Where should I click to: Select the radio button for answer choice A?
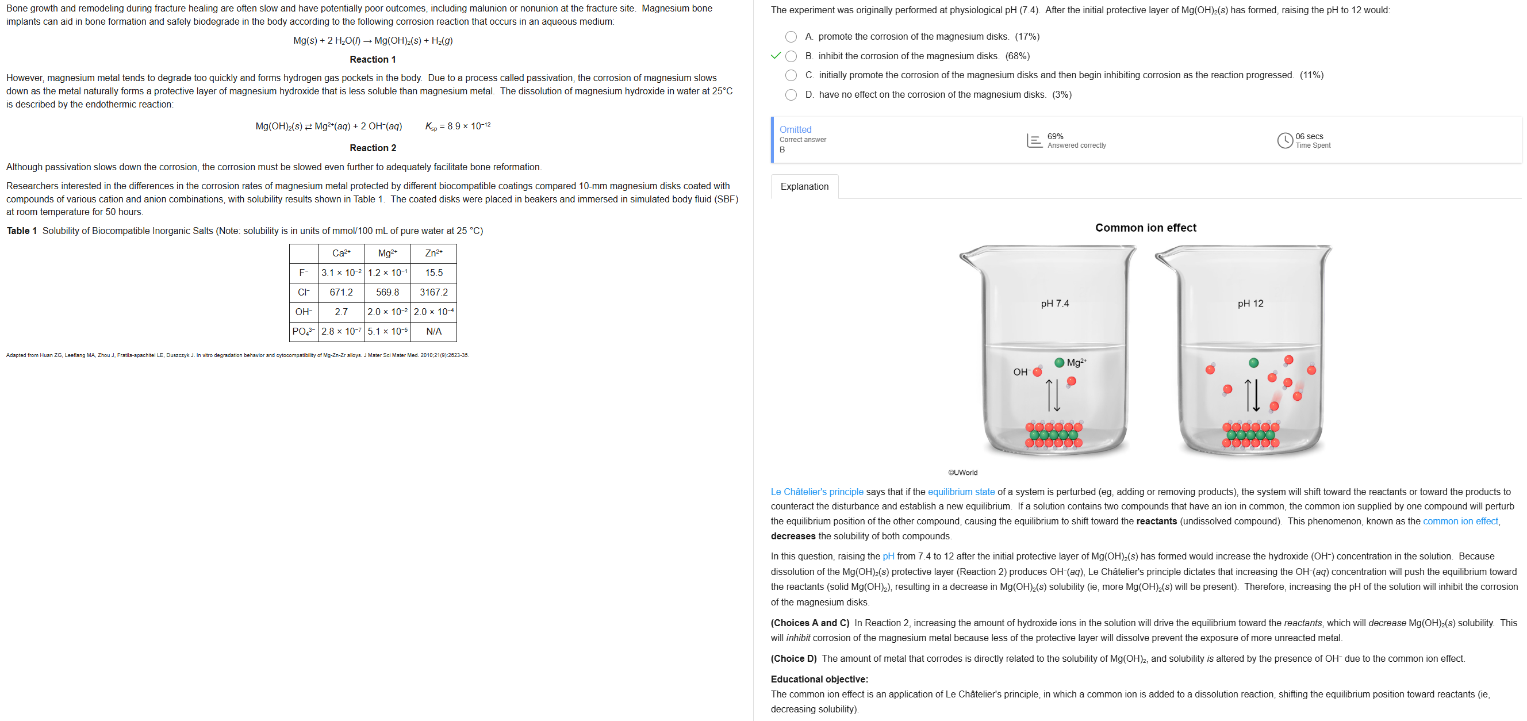pyautogui.click(x=791, y=37)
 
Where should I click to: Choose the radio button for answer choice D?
pyautogui.click(x=791, y=95)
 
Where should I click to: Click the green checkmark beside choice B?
pyautogui.click(x=776, y=56)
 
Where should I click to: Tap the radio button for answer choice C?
pyautogui.click(x=791, y=75)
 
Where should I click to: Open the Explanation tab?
pyautogui.click(x=804, y=186)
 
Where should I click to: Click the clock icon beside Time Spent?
pyautogui.click(x=1284, y=140)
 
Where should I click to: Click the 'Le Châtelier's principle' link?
pyautogui.click(x=817, y=492)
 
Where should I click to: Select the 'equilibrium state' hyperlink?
pyautogui.click(x=961, y=492)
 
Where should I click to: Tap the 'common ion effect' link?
pyautogui.click(x=1460, y=521)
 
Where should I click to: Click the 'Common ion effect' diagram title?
pyautogui.click(x=1145, y=228)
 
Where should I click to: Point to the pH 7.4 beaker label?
pyautogui.click(x=1054, y=304)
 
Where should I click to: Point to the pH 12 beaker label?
pyautogui.click(x=1250, y=304)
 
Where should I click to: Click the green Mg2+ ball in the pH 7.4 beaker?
pyautogui.click(x=1059, y=362)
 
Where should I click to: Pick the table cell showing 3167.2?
pyautogui.click(x=433, y=292)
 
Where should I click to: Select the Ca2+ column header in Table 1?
pyautogui.click(x=341, y=253)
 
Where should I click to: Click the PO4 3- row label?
pyautogui.click(x=304, y=331)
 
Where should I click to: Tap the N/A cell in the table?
pyautogui.click(x=433, y=331)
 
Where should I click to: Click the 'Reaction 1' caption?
pyautogui.click(x=373, y=59)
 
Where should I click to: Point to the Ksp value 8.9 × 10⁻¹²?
pyautogui.click(x=458, y=126)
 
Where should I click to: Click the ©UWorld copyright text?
pyautogui.click(x=962, y=473)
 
